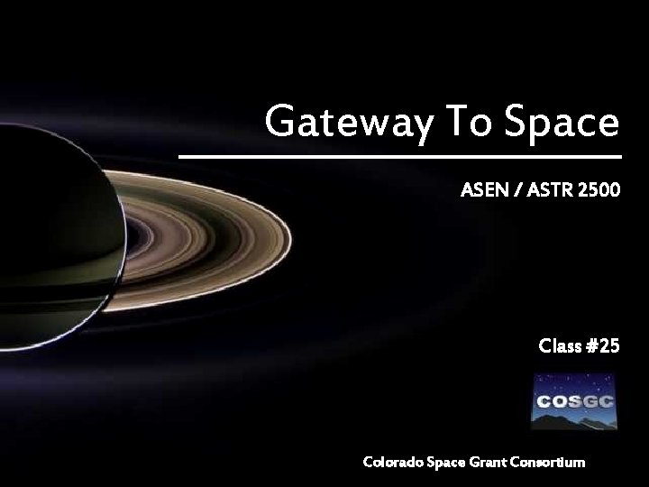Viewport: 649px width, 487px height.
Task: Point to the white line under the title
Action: (x=399, y=157)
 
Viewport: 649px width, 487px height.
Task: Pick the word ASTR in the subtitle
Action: (x=550, y=191)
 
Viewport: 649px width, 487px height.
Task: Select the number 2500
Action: (x=600, y=191)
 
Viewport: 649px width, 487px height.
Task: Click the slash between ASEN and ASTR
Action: (x=514, y=191)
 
